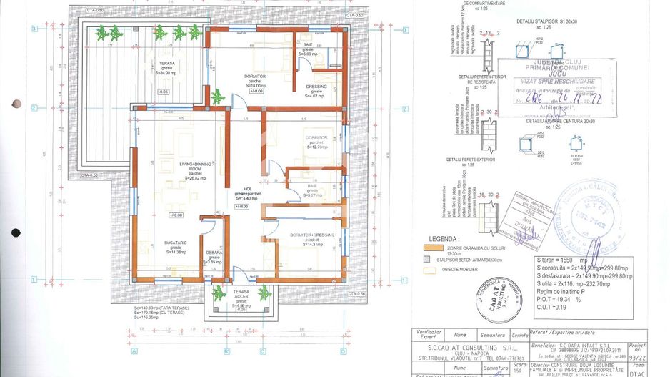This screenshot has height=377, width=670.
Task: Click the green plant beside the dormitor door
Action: tap(217, 97)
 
